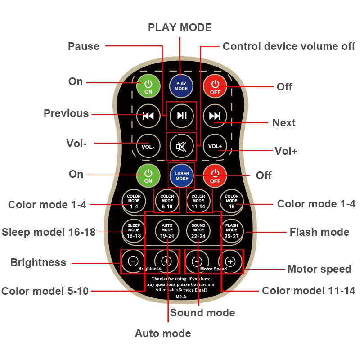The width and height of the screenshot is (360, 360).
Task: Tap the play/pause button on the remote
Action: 181,116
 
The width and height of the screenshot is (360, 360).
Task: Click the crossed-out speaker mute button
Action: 181,146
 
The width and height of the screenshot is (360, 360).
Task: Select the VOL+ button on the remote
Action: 215,146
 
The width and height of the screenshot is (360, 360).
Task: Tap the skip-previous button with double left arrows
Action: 148,116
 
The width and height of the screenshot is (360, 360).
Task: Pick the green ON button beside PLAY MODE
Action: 148,85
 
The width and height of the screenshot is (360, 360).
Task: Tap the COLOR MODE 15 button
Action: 232,201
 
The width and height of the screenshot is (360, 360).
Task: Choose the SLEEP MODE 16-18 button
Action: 134,230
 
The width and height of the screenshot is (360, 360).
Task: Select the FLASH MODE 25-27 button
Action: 232,230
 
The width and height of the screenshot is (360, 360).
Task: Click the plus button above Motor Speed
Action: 230,261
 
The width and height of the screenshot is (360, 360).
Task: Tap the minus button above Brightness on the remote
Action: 133,261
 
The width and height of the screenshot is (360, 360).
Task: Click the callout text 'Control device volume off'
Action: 289,46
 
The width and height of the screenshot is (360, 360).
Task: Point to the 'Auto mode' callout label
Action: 163,333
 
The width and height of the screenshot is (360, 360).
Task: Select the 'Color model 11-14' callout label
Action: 309,291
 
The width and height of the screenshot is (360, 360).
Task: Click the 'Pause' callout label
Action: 84,46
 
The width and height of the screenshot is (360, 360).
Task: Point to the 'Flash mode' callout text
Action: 319,232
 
